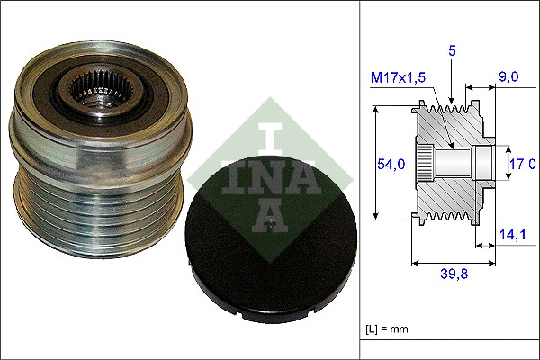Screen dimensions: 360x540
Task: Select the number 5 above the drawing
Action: tap(452, 53)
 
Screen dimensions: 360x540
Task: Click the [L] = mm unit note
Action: tap(387, 329)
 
